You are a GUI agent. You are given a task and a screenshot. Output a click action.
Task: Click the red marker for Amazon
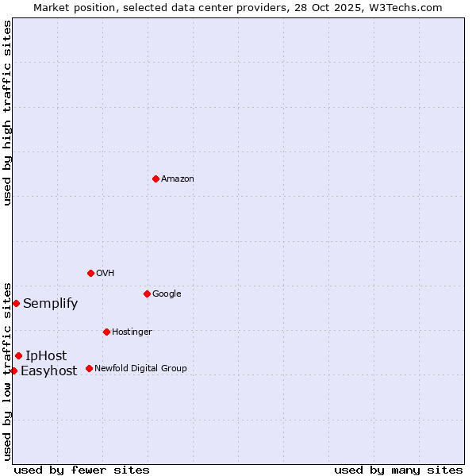155,178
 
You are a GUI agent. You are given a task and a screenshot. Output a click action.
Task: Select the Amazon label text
178,179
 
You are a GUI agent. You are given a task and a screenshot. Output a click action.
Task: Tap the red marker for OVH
90,273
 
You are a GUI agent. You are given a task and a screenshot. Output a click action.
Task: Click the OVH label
106,274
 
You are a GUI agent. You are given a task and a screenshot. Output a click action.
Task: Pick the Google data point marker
147,294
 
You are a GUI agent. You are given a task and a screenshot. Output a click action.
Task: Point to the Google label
167,294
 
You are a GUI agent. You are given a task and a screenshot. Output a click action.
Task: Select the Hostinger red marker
106,332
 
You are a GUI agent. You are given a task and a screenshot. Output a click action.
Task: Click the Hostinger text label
132,332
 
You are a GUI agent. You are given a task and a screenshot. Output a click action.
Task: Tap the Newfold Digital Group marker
89,368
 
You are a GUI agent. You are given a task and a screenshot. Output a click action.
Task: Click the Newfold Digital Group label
140,369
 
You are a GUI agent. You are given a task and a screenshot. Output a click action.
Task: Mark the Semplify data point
16,303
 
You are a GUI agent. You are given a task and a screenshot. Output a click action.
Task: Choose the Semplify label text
51,304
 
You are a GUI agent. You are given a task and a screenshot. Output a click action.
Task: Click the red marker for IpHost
18,355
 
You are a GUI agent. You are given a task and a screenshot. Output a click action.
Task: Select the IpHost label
46,356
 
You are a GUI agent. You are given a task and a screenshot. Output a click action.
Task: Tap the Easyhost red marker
13,370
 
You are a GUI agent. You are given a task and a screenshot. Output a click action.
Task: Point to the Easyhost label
49,371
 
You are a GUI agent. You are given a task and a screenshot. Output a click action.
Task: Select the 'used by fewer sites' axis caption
82,470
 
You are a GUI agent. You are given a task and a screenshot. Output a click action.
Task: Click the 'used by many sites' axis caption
398,470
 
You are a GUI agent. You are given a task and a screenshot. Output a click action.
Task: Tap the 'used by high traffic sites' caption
7,113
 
